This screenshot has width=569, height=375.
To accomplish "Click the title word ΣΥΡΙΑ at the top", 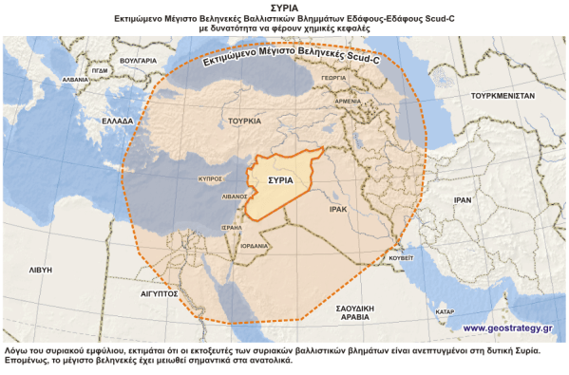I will pos(283,7).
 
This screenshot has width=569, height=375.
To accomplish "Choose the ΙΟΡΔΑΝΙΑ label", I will pos(253,245).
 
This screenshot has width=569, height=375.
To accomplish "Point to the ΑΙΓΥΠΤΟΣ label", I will pos(160,294).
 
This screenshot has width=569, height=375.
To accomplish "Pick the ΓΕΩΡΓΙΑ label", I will pos(359,79).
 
